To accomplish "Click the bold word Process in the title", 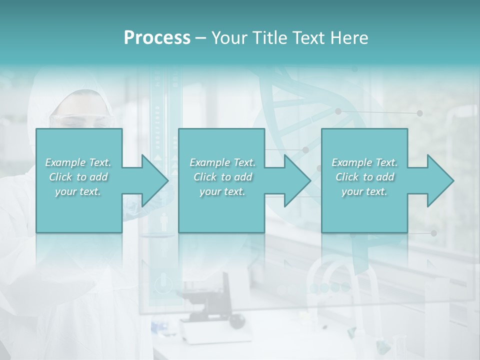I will pyautogui.click(x=157, y=37).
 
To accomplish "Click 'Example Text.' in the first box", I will pyautogui.click(x=78, y=162).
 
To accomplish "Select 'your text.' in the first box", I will pyautogui.click(x=78, y=191).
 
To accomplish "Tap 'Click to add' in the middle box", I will pyautogui.click(x=222, y=177).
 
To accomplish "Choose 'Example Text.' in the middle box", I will pyautogui.click(x=222, y=162).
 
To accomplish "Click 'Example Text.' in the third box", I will pyautogui.click(x=364, y=162).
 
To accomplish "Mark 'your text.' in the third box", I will pyautogui.click(x=364, y=191).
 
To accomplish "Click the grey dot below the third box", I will pyautogui.click(x=433, y=233).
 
